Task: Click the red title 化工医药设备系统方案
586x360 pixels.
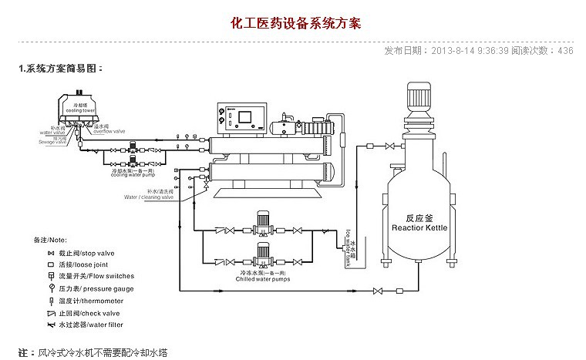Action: tap(295, 23)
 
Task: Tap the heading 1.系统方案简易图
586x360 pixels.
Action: tap(60, 69)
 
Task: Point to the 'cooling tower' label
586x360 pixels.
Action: tap(79, 110)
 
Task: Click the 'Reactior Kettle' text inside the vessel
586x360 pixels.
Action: tap(419, 229)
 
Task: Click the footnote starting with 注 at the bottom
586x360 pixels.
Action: tap(93, 352)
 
